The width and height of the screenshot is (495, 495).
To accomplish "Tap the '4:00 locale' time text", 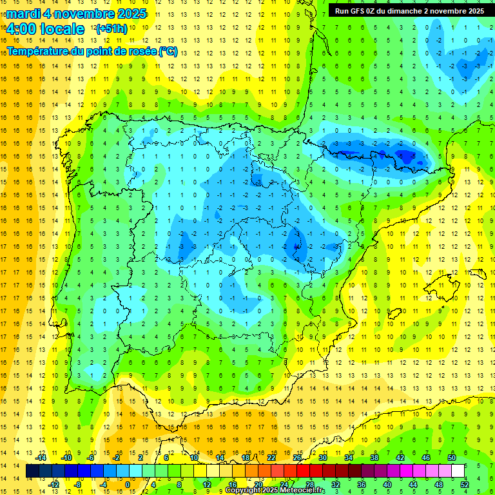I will pyautogui.click(x=45, y=29).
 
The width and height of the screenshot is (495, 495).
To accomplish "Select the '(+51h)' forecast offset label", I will pyautogui.click(x=111, y=29).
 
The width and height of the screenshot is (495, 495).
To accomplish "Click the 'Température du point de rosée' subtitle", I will pyautogui.click(x=92, y=52).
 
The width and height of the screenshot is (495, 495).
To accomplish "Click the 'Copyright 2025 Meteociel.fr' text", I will pyautogui.click(x=275, y=490).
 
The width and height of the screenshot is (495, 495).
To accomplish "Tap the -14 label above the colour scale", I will pyautogui.click(x=43, y=458).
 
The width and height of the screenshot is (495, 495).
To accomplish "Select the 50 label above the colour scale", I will pyautogui.click(x=451, y=458).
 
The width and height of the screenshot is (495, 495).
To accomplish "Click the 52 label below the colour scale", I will pyautogui.click(x=465, y=485).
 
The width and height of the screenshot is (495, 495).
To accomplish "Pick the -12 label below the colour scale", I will pyautogui.click(x=53, y=485).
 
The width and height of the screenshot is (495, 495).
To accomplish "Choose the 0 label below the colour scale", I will pyautogui.click(x=127, y=485).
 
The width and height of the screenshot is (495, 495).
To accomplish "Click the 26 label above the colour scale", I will pyautogui.click(x=297, y=458).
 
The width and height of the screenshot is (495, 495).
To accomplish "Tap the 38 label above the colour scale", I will pyautogui.click(x=374, y=458).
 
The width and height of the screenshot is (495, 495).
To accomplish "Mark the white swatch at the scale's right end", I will pyautogui.click(x=458, y=471).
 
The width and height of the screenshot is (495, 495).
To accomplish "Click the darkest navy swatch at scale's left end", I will pyautogui.click(x=32, y=471).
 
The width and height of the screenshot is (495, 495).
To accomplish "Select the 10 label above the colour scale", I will pyautogui.click(x=194, y=458).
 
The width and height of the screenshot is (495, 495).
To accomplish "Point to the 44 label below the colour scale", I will pyautogui.click(x=414, y=485).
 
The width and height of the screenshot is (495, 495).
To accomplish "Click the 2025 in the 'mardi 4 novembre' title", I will pyautogui.click(x=128, y=14).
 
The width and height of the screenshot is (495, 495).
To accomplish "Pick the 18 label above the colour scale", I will pyautogui.click(x=246, y=458).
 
